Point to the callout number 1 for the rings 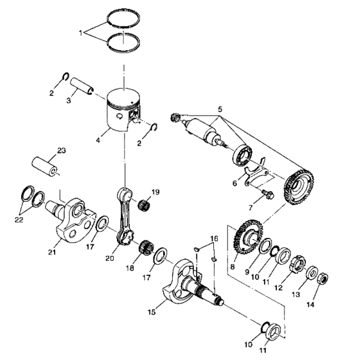[81, 32]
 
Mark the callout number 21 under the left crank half [52, 253]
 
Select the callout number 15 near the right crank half [152, 312]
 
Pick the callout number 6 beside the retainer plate [235, 183]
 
